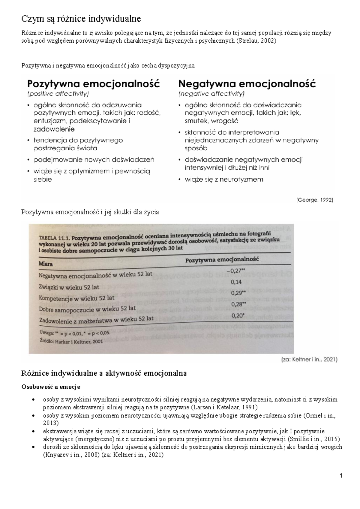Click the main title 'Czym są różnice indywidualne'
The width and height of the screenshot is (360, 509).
(x=81, y=19)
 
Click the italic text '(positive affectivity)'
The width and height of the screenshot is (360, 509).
(x=58, y=94)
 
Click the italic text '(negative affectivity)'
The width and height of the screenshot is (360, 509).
(x=211, y=94)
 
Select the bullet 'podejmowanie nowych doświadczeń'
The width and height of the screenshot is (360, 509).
(x=93, y=159)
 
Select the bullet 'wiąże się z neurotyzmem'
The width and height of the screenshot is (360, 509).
(x=224, y=179)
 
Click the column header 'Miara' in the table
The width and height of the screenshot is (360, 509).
(x=46, y=264)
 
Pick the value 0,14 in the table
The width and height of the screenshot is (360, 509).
(x=236, y=282)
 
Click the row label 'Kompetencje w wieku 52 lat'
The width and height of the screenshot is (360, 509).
(x=76, y=298)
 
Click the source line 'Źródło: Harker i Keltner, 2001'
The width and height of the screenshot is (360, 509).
(x=71, y=341)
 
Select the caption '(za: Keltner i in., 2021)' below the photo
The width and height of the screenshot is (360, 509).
(x=309, y=359)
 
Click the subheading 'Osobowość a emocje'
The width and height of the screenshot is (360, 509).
(x=50, y=387)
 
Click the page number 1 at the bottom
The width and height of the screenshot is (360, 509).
(x=341, y=475)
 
